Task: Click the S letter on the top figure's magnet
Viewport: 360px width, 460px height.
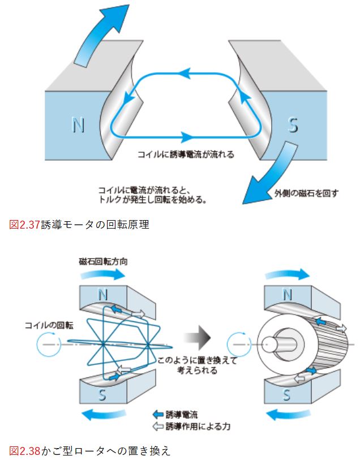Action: coord(293,124)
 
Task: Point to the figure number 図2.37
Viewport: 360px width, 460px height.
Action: coord(25,224)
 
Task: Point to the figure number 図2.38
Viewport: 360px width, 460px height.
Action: coord(25,450)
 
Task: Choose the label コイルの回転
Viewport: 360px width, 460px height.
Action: coord(48,325)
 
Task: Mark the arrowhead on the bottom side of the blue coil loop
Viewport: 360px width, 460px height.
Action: coord(187,136)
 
